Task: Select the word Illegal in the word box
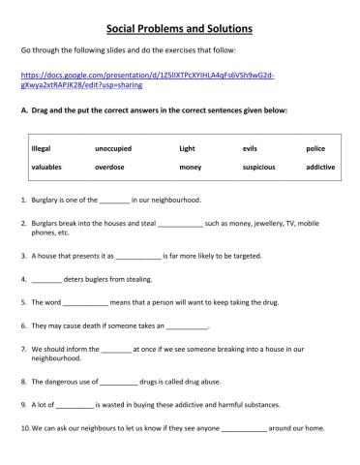(43, 148)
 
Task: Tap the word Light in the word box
(187, 148)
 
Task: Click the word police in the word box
(315, 148)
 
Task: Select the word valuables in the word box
(48, 167)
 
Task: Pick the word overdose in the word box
(110, 167)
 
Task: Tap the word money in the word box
(190, 167)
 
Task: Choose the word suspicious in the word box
(258, 167)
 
